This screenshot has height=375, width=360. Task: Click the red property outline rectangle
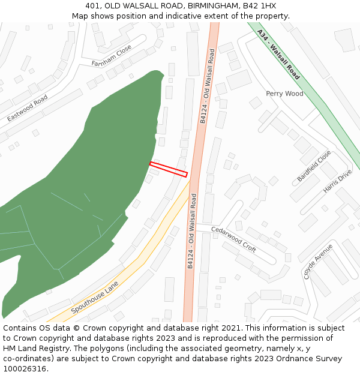pos(169,169)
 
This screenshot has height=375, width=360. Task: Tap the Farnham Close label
pos(112,56)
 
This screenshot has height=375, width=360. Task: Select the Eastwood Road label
pos(28,107)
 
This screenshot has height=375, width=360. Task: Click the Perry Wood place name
pos(285,94)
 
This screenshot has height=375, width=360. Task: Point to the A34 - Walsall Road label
pos(278,54)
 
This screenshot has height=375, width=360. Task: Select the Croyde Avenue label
pos(318,261)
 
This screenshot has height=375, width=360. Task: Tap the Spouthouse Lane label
pos(95,298)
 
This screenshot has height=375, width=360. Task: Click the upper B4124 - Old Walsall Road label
pos(207,86)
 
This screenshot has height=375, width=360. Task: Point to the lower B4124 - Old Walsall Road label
pos(192,231)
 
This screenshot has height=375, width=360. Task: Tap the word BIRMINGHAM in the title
pos(203,6)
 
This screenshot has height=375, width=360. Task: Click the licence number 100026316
pos(26,368)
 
